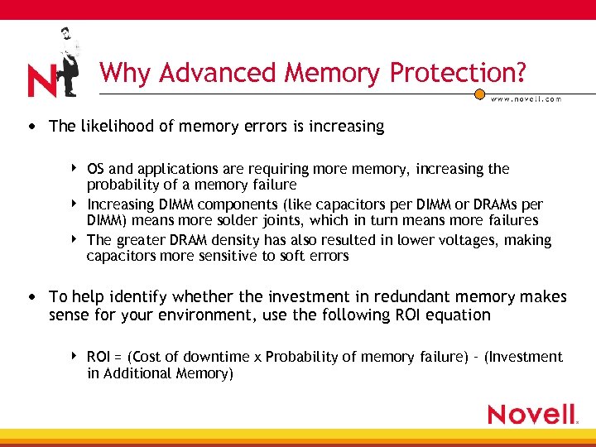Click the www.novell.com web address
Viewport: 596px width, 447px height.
coord(526,99)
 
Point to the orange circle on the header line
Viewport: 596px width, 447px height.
coord(479,94)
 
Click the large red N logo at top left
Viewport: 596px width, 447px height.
coord(41,81)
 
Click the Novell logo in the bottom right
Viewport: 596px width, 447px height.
coord(532,414)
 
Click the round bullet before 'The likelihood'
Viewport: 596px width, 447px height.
coord(31,127)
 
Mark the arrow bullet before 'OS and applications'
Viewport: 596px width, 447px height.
coord(74,169)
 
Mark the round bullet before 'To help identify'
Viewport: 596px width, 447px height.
coord(31,297)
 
